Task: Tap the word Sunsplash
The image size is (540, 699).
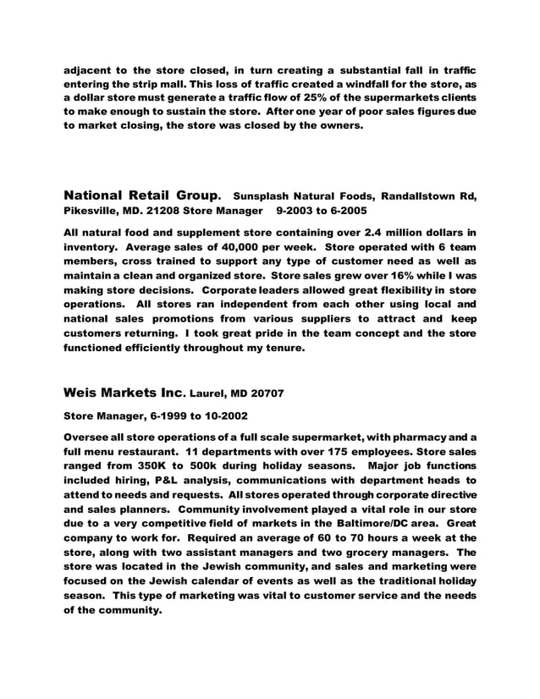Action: tap(267, 198)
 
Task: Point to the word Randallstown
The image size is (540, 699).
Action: tap(401, 198)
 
